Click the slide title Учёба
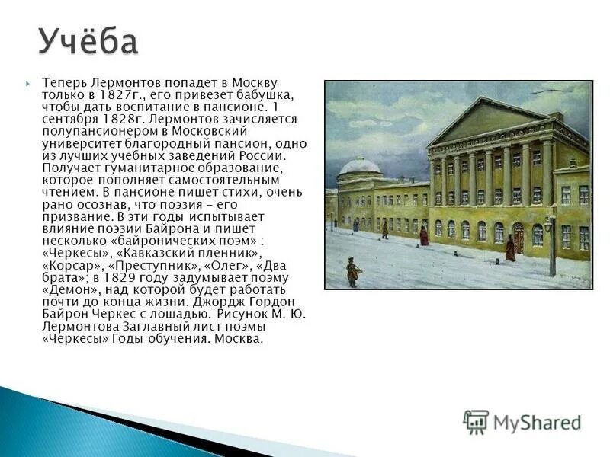pos(88,41)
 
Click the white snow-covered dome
pos(359,166)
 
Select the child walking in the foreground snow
pos(352,272)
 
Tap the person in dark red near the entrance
pos(510,249)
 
